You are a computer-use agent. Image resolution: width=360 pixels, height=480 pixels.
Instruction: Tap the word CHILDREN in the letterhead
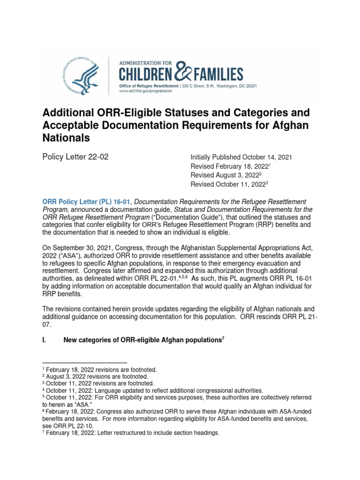pos(145,74)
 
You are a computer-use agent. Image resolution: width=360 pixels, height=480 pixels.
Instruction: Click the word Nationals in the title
pos(66,139)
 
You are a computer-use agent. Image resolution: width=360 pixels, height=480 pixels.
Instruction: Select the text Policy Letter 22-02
pos(75,157)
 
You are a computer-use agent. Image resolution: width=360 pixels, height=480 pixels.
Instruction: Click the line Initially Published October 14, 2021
pos(241,157)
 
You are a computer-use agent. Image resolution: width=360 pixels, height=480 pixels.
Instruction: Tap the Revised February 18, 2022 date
pos(229,166)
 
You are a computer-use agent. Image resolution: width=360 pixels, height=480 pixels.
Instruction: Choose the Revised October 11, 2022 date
pos(227,184)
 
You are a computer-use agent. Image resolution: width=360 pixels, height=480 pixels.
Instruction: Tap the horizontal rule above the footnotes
pos(84,363)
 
